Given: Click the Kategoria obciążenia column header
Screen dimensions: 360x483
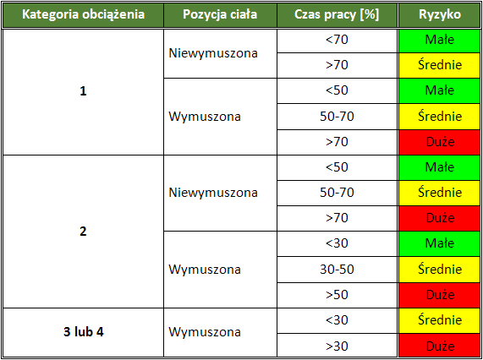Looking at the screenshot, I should (83, 15).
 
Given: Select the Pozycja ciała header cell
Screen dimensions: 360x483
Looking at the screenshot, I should (219, 15).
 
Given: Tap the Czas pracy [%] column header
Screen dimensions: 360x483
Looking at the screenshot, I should (337, 15).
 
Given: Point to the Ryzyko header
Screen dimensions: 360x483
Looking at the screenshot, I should (439, 15).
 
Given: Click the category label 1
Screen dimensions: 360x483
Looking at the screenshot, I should (83, 91).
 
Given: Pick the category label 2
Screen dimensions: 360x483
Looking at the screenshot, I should (83, 232).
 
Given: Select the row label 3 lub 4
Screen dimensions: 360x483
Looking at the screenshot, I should (83, 331).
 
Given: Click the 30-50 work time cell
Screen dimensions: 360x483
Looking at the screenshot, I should (337, 270).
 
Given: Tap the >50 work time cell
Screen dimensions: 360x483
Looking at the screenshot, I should (337, 295).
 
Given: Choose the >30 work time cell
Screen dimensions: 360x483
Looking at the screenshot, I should (337, 346).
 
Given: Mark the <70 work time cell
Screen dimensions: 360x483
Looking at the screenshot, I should (337, 40).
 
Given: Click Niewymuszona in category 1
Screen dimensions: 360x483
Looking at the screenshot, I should (212, 52).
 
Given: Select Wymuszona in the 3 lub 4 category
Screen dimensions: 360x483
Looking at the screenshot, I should (205, 332).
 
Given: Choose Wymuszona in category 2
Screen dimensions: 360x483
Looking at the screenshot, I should (205, 270).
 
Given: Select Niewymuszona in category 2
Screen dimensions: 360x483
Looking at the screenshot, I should (212, 193).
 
